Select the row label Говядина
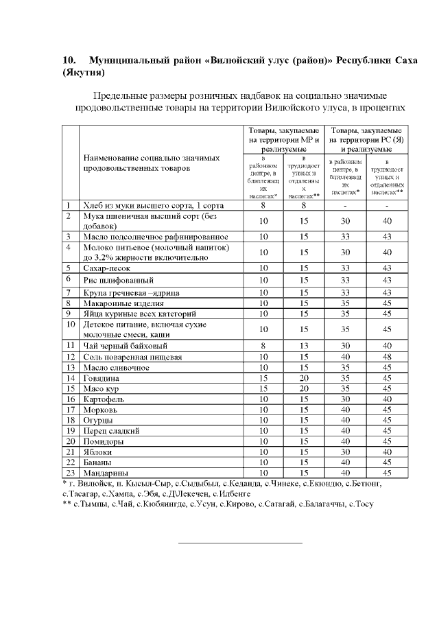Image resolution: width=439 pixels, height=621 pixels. point(102,378)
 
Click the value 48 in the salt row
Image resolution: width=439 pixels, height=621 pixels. point(388,357)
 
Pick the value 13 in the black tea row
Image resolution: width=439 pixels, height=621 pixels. point(299,346)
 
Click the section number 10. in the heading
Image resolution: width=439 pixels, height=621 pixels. point(70,60)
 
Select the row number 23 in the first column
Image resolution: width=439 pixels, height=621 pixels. point(69,473)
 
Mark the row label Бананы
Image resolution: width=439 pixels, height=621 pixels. point(101,462)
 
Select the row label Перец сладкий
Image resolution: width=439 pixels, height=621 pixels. point(111,431)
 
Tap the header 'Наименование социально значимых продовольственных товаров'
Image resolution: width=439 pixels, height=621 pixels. point(151,163)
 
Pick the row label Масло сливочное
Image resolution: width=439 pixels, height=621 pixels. point(116,367)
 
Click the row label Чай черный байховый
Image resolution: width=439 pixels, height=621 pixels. point(125,346)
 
